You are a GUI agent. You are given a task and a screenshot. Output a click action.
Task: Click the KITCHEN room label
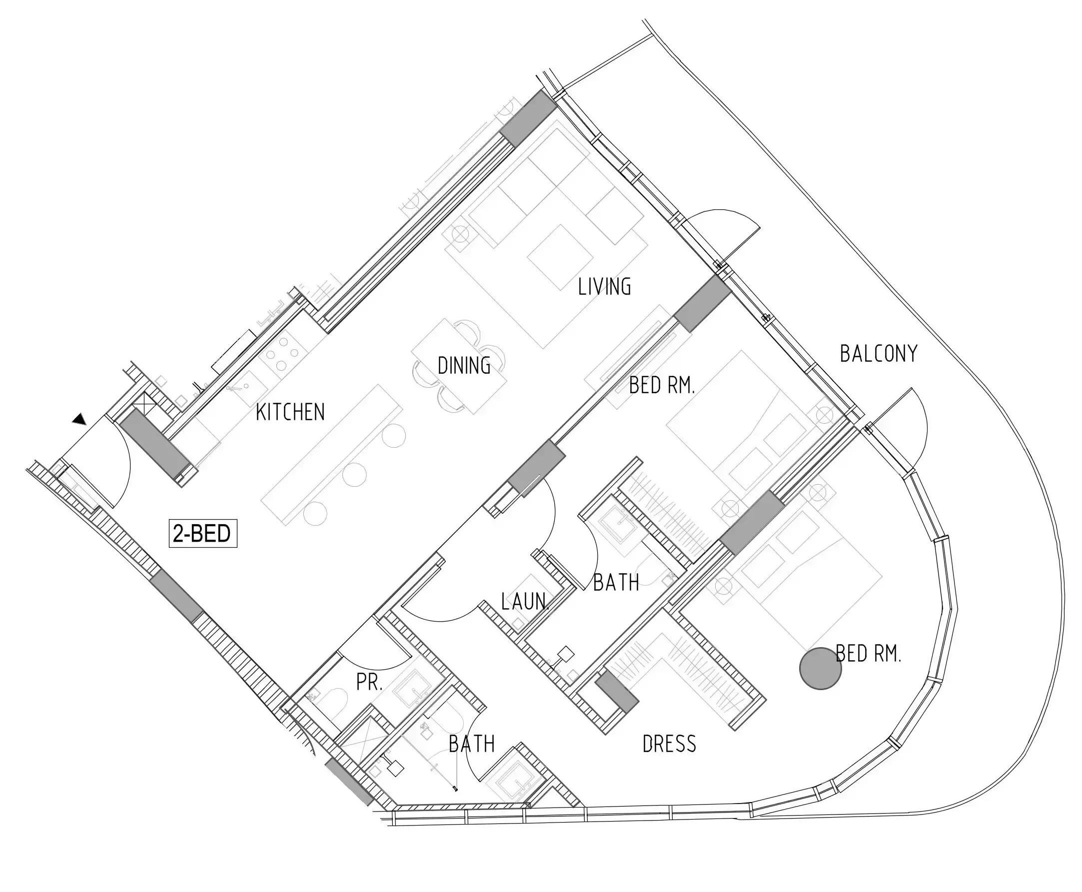(290, 412)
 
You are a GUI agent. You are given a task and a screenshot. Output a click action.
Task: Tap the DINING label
(464, 365)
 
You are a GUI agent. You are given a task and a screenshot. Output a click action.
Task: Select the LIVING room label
(604, 287)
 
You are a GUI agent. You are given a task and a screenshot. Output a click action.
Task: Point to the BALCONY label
(879, 353)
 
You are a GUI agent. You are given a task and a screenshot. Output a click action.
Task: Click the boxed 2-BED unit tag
(203, 534)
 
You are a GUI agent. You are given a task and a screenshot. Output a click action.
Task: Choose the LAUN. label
(525, 601)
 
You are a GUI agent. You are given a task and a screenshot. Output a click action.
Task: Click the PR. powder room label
(369, 682)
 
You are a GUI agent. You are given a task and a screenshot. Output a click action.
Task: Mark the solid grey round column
(821, 668)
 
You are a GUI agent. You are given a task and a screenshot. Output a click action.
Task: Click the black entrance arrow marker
(79, 419)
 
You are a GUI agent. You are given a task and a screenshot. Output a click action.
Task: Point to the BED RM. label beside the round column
(868, 654)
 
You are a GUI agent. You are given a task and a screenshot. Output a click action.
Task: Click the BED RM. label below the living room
(662, 385)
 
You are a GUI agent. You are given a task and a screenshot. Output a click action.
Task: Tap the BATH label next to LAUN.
(616, 583)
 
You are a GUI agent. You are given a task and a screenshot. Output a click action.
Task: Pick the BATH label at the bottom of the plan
(472, 744)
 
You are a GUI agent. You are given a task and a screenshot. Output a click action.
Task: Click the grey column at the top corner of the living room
(528, 117)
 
